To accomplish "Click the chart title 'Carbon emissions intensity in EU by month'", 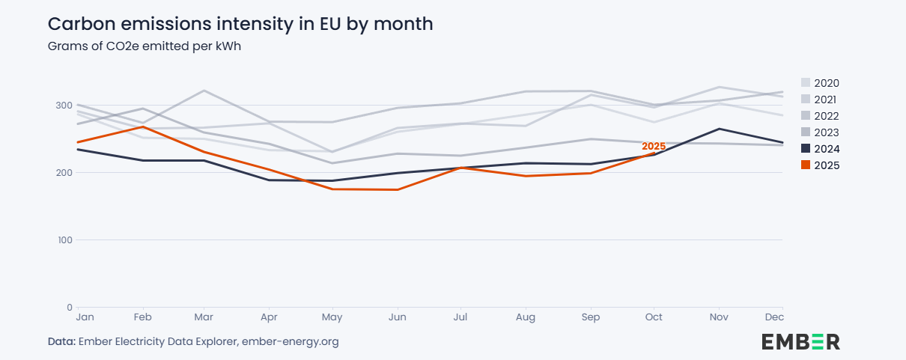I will [240, 24].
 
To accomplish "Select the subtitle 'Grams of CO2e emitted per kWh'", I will [144, 46].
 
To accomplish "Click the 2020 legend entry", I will [820, 83].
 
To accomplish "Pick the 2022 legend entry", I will [820, 116].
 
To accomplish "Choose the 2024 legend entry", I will [820, 149].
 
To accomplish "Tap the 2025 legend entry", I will [820, 165].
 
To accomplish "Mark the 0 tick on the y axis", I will [69, 308].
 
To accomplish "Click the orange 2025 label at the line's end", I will [654, 146].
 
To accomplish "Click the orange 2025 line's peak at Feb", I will [142, 126].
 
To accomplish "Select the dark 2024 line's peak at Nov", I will [719, 129].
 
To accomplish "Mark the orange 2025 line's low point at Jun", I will [398, 189].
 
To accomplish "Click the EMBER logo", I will [800, 342].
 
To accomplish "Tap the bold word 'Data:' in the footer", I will [61, 342].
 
